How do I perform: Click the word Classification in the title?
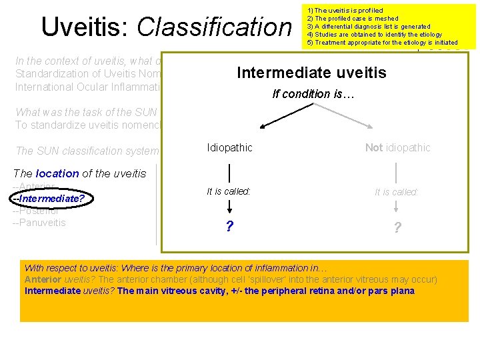(214, 27)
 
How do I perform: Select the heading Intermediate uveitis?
(311, 72)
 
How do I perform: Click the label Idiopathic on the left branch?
(229, 147)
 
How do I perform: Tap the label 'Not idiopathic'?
(397, 147)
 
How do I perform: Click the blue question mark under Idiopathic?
(229, 227)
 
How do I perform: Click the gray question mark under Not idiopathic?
(397, 227)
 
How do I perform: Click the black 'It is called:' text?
(229, 191)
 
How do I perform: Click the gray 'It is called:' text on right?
(397, 192)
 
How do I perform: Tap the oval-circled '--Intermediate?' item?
(53, 198)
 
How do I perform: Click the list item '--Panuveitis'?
(39, 223)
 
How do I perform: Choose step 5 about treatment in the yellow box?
(382, 43)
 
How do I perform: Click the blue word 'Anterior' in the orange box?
(43, 279)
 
